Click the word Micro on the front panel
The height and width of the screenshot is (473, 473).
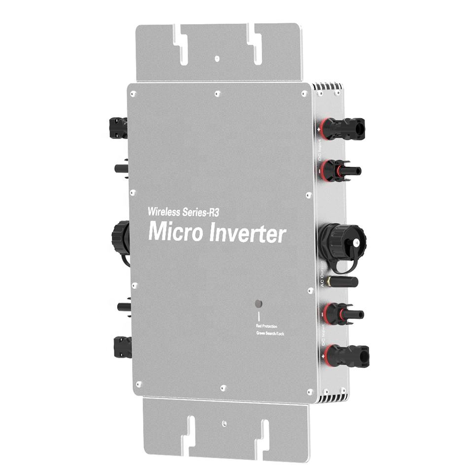point(174,232)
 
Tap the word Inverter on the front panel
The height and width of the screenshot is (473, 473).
point(246,234)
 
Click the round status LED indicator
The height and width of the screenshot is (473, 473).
point(258,304)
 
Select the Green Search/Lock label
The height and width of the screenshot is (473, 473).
point(270,334)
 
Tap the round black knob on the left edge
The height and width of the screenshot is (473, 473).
point(121,237)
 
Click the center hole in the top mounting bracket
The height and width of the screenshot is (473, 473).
point(217,58)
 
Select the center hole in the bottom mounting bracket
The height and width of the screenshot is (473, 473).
point(224,422)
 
